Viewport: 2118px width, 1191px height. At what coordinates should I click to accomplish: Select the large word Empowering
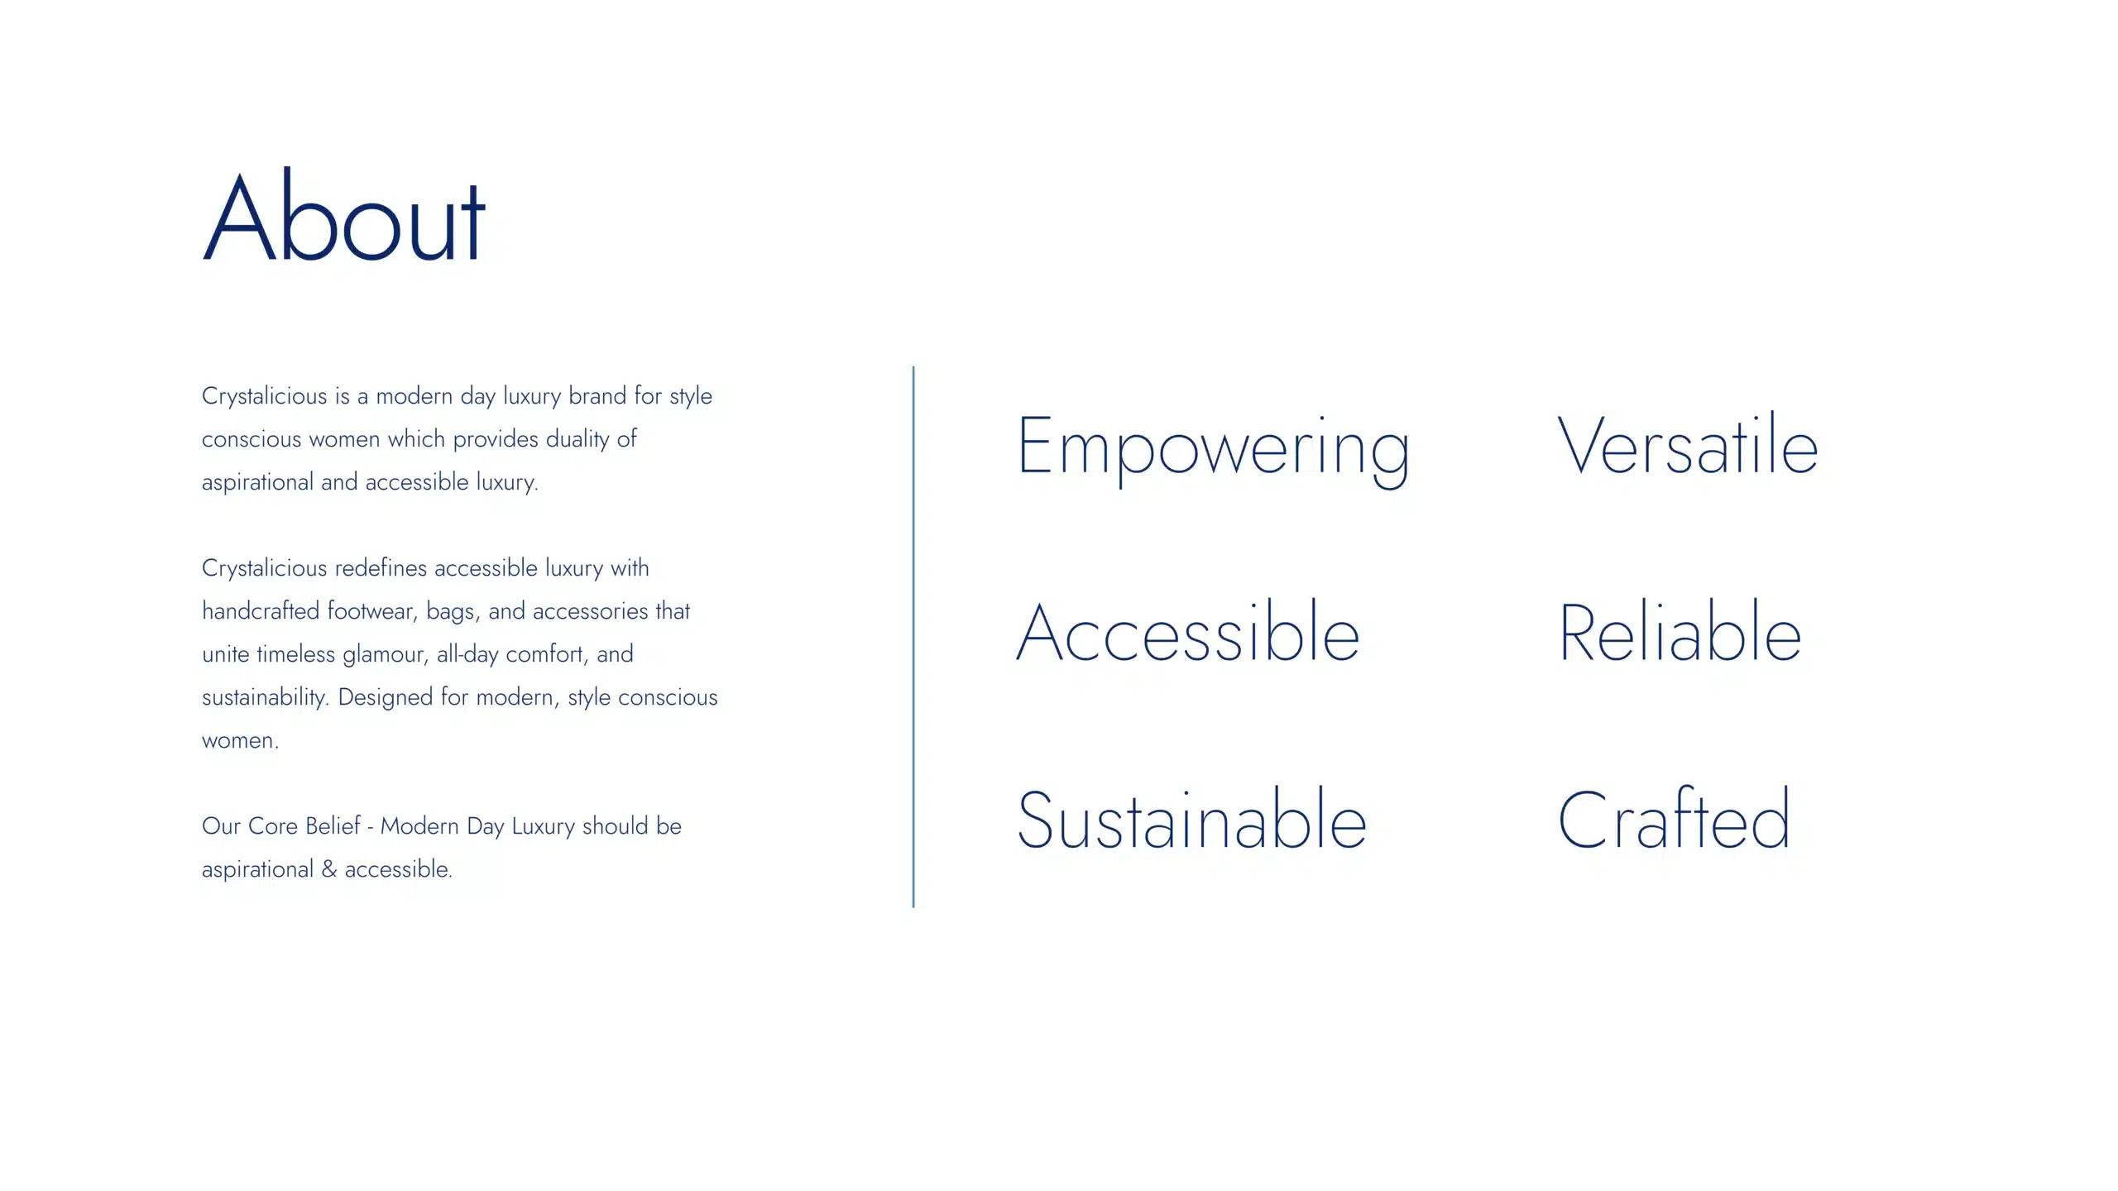click(x=1213, y=449)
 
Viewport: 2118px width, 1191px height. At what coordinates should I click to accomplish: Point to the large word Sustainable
click(x=1192, y=819)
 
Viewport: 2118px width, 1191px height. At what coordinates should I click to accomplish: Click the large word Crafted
click(x=1674, y=819)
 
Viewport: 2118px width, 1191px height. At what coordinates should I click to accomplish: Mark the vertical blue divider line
click(x=913, y=637)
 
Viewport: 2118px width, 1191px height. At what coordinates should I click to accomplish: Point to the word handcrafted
click(x=261, y=610)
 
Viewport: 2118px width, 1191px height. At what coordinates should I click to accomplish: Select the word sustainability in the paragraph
click(x=266, y=697)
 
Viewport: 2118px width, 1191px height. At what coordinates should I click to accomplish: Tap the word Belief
click(x=333, y=825)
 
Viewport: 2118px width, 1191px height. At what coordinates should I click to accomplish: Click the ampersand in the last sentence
click(x=329, y=868)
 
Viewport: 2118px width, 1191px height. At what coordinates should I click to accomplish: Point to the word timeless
click(x=295, y=653)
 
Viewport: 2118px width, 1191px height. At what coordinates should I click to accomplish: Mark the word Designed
click(x=386, y=697)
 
